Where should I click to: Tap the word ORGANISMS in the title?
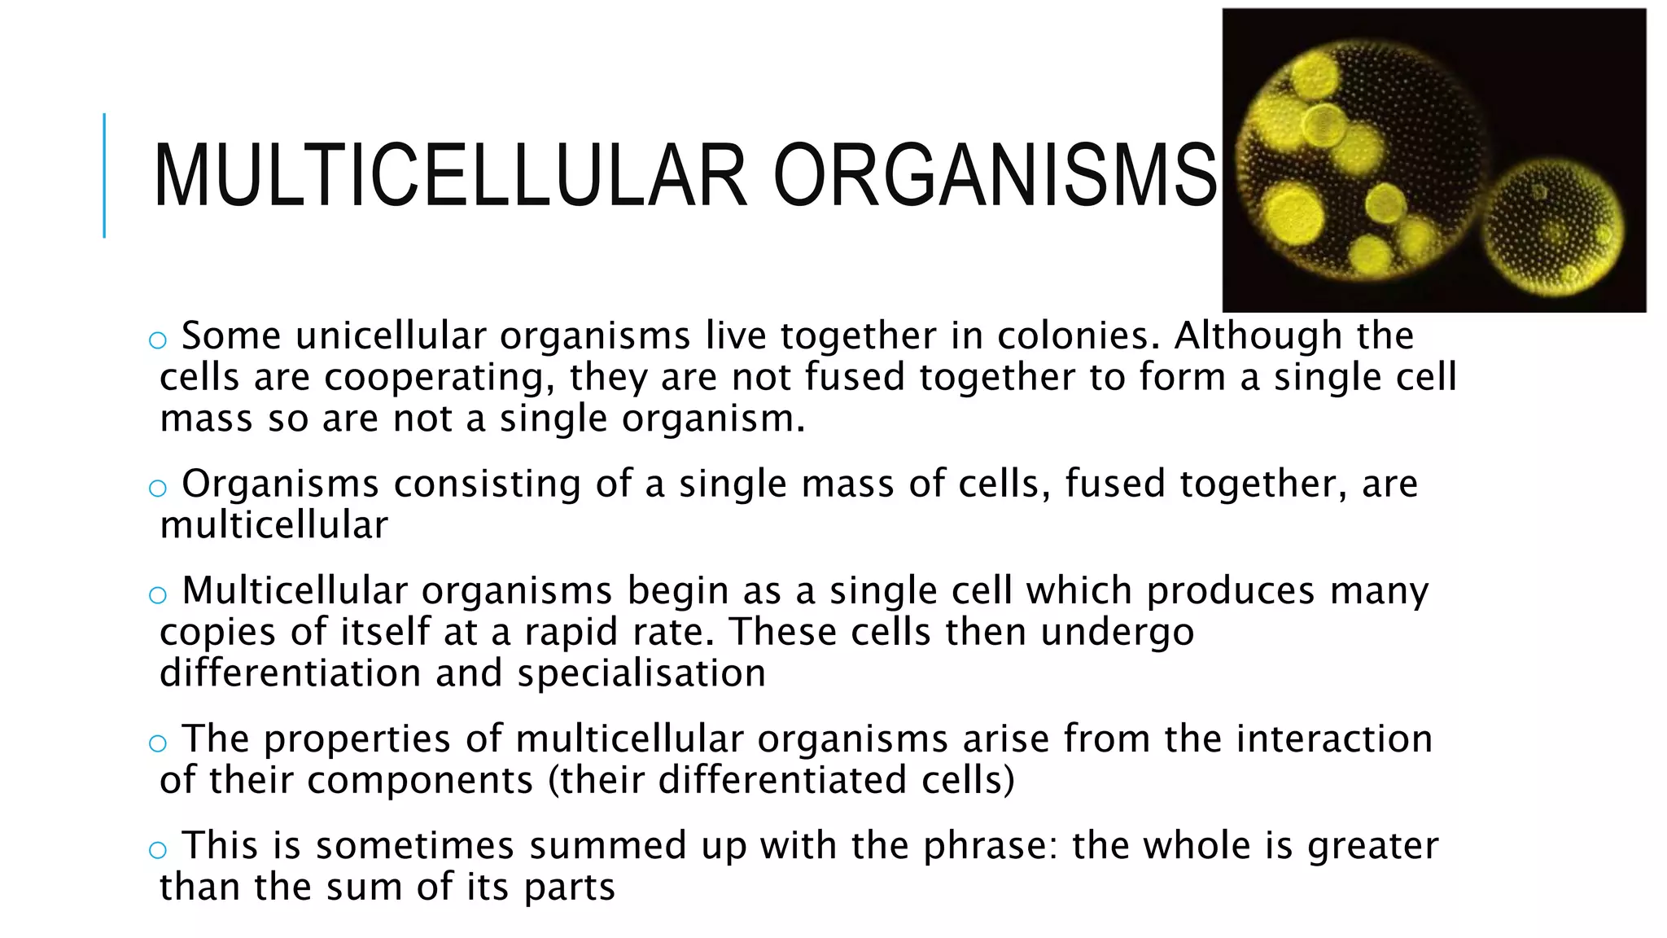click(995, 176)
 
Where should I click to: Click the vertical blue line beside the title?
click(104, 175)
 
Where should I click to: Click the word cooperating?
click(439, 378)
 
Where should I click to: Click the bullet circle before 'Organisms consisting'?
click(158, 489)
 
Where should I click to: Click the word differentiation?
click(290, 673)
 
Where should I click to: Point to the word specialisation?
click(641, 674)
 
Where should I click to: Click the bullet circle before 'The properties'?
click(158, 743)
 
